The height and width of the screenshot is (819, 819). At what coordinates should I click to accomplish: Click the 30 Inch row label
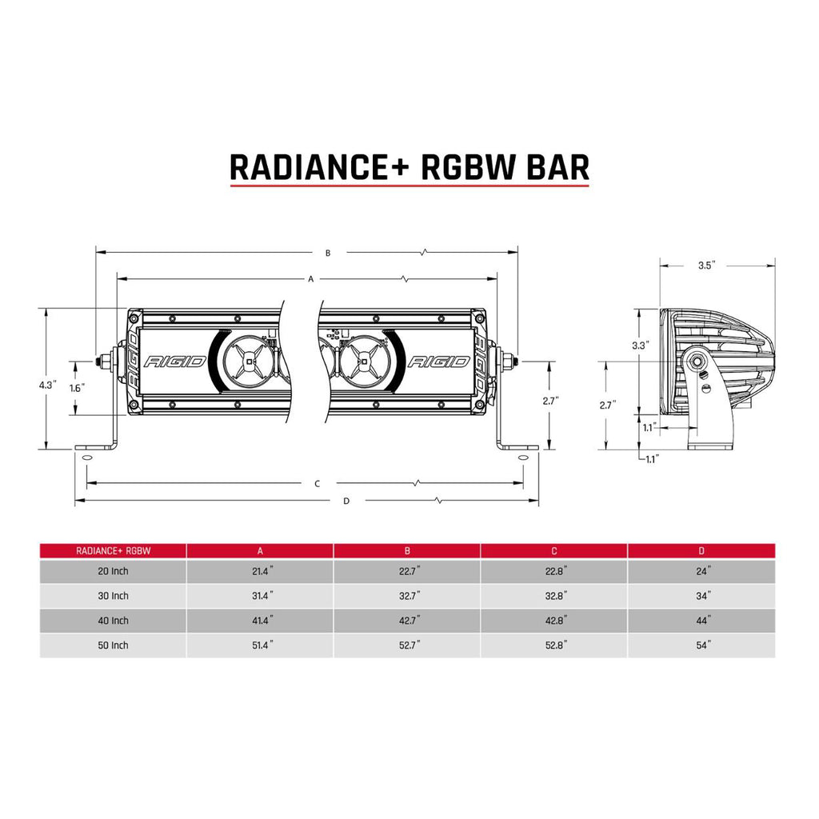click(113, 596)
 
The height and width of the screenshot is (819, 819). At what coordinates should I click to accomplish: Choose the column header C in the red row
click(554, 550)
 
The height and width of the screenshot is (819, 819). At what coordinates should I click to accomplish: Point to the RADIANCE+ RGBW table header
click(114, 550)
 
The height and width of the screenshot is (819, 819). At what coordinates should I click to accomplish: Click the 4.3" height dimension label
click(46, 386)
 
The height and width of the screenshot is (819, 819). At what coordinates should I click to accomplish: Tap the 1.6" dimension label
click(77, 388)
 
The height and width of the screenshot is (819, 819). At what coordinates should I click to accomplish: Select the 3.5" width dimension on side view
click(705, 266)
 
